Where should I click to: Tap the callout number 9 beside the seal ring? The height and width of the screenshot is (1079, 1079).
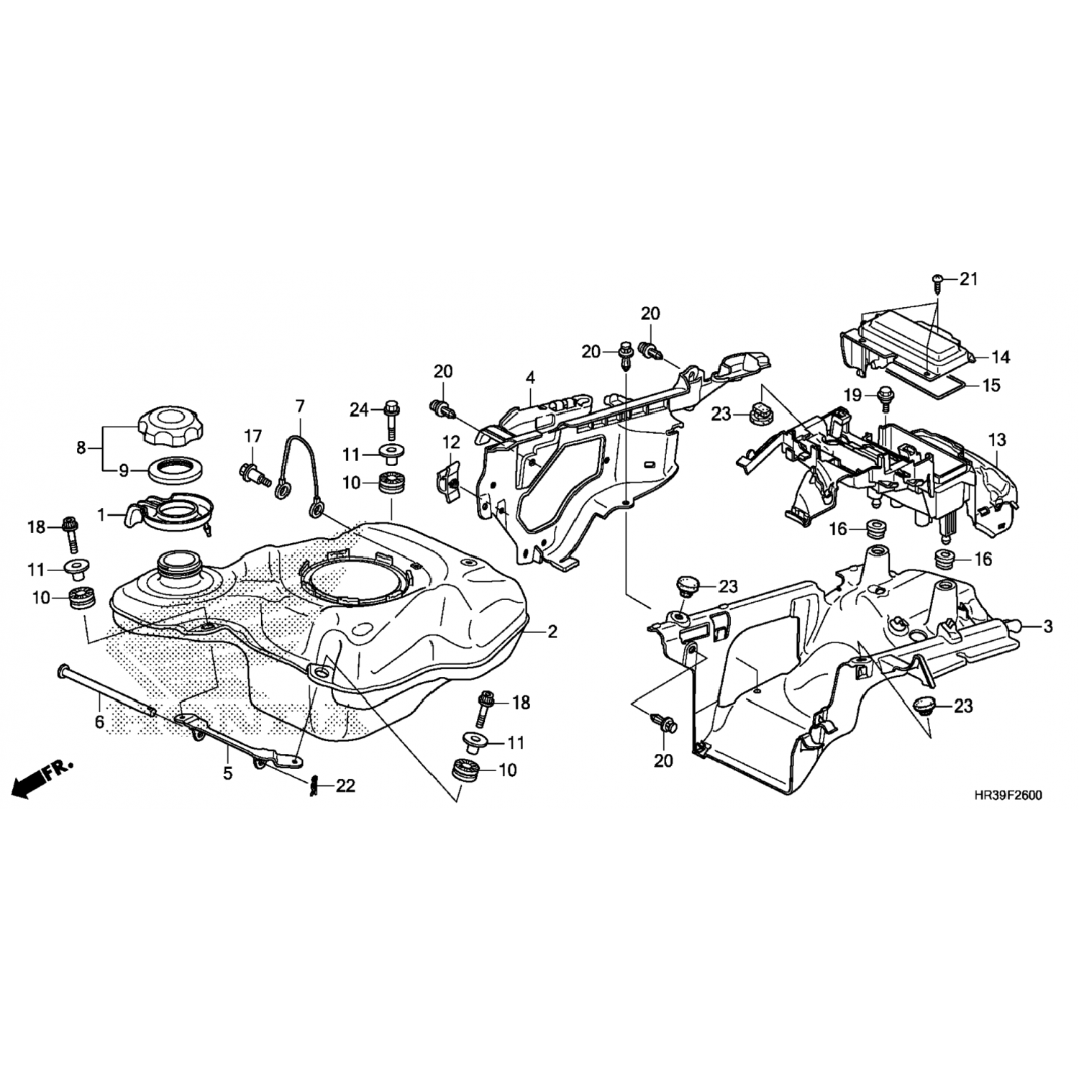124,471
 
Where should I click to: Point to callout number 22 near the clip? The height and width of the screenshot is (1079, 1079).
345,786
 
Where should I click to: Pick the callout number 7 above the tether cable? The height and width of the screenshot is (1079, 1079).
300,407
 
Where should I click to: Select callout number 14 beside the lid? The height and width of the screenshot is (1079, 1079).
1001,357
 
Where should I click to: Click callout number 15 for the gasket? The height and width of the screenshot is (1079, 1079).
991,386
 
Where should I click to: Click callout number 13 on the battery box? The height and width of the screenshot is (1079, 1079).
997,440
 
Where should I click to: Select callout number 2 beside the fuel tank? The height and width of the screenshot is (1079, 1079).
552,632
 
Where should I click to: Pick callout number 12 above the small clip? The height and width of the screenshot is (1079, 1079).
450,440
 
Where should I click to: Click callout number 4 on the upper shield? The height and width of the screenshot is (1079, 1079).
530,378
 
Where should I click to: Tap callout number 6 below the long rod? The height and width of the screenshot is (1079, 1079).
99,721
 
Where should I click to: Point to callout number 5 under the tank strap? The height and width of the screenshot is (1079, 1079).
228,774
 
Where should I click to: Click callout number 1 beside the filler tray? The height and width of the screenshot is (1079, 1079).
101,515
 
